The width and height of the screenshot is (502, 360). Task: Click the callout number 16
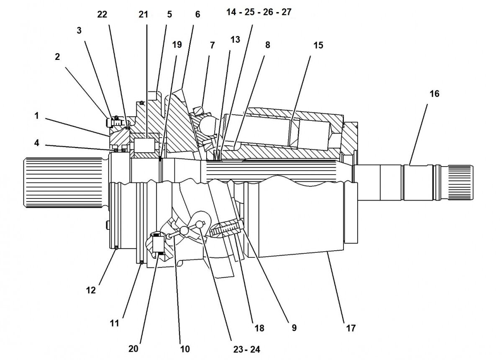pyautogui.click(x=434, y=94)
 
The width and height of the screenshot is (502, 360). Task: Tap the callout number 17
pyautogui.click(x=351, y=328)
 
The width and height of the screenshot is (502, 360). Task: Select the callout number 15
pyautogui.click(x=318, y=45)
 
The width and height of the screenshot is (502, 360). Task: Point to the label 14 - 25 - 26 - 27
pyautogui.click(x=259, y=12)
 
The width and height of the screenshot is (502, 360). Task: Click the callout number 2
pyautogui.click(x=58, y=57)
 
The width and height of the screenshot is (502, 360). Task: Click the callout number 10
pyautogui.click(x=185, y=348)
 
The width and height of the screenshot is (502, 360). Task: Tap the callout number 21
pyautogui.click(x=143, y=15)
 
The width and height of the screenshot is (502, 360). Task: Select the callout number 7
pyautogui.click(x=212, y=45)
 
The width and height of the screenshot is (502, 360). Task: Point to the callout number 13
pyautogui.click(x=235, y=40)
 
